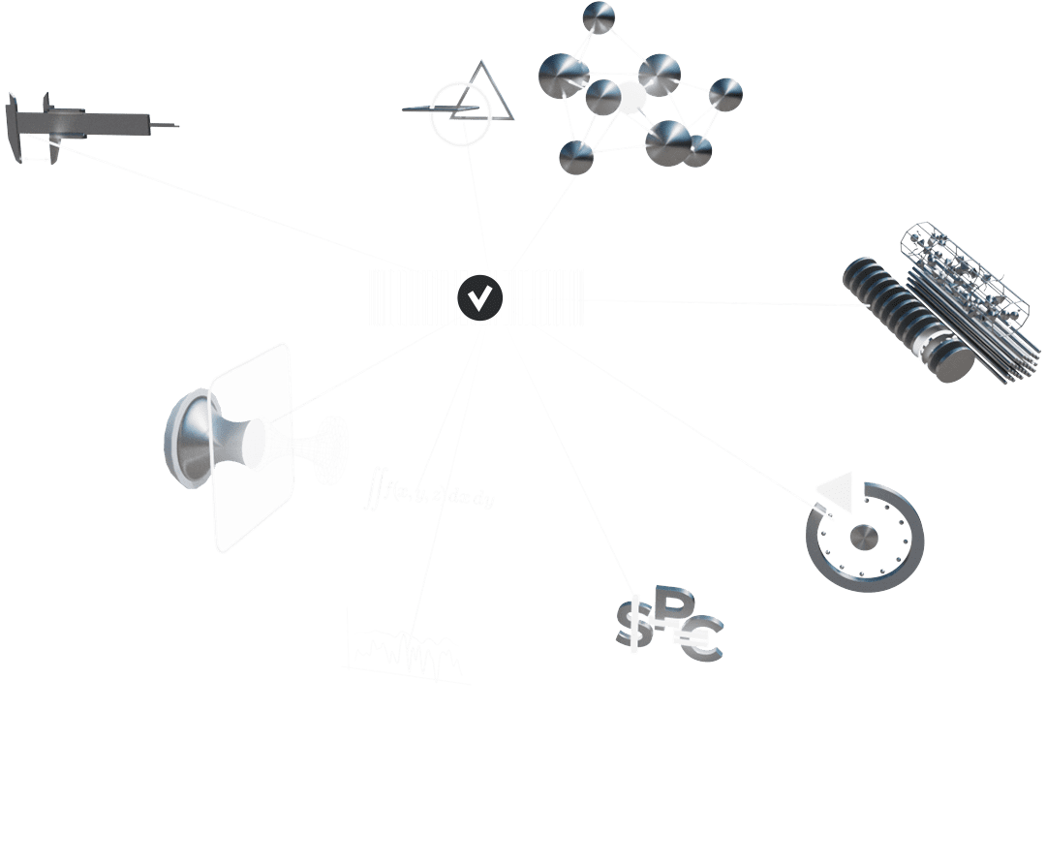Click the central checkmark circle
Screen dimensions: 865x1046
479,296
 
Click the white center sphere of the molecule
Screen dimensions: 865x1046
631,97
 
